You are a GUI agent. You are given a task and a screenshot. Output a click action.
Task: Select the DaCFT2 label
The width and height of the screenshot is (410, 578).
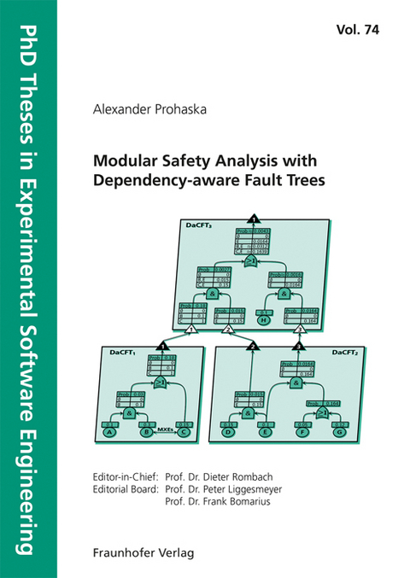point(344,351)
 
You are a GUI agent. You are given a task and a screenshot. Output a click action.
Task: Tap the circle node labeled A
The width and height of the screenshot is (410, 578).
point(109,431)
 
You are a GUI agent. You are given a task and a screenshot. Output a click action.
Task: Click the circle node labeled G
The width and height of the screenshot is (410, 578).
point(341,431)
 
